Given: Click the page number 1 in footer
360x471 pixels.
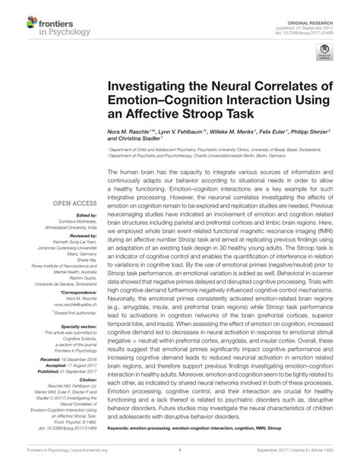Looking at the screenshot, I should [x=179, y=460].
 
